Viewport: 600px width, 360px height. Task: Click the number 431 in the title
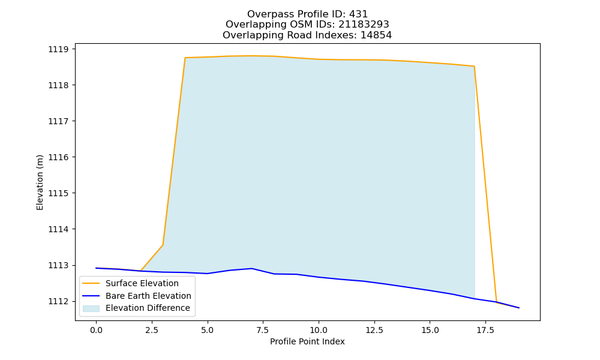[358, 14]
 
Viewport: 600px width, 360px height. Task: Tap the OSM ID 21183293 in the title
[364, 25]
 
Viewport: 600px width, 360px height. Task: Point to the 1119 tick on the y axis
[58, 49]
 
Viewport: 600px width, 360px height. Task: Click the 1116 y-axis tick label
[58, 157]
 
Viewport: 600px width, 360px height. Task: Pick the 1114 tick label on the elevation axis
[58, 229]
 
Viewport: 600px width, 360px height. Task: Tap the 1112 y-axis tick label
[58, 301]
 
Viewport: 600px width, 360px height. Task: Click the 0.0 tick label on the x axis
[96, 330]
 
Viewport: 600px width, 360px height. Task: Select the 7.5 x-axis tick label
[263, 330]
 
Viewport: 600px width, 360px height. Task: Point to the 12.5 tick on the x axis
[374, 330]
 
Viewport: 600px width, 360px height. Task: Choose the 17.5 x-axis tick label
[485, 330]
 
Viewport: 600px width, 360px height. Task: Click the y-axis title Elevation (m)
[40, 182]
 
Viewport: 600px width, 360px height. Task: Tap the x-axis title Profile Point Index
[307, 341]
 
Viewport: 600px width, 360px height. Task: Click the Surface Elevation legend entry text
[142, 283]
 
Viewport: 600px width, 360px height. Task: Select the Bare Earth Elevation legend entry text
[148, 296]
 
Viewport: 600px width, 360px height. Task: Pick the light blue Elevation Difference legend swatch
[91, 308]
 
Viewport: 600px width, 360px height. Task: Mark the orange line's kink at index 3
[163, 245]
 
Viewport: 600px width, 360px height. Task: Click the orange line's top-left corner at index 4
[185, 58]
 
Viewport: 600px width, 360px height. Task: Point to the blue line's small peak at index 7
[252, 268]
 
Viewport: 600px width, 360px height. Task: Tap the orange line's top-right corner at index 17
[475, 66]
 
